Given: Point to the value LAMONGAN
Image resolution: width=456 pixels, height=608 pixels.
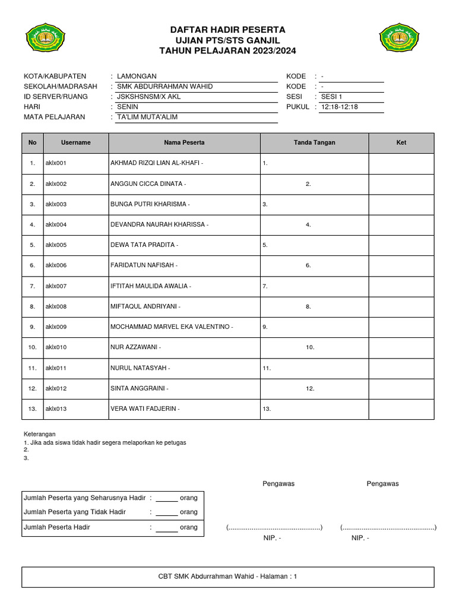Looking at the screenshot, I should tap(137, 77).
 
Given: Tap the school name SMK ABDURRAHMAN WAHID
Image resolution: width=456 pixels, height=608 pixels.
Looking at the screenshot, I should tap(164, 87).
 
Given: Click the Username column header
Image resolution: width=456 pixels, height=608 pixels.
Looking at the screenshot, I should tap(76, 143).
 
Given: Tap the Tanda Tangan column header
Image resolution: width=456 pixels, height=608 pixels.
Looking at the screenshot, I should tap(314, 143).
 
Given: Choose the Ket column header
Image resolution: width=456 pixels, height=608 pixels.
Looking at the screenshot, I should tap(401, 143).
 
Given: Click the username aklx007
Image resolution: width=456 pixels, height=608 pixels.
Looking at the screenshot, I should tap(56, 286).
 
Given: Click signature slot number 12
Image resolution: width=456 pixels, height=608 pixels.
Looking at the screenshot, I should tap(310, 388).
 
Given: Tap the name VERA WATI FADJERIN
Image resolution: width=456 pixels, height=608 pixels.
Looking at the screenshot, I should tap(144, 409).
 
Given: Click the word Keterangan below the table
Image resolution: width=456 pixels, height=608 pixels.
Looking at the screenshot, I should tap(39, 435).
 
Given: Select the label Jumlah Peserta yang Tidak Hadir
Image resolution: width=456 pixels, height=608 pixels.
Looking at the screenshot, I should tap(75, 512).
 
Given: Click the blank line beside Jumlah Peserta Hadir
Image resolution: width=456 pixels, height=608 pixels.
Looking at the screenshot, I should tap(167, 527).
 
